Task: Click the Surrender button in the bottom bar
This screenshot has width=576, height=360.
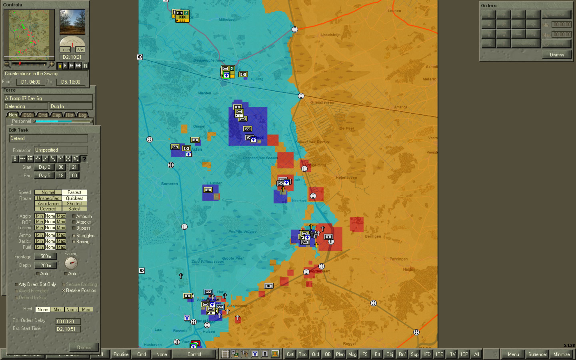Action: (537, 354)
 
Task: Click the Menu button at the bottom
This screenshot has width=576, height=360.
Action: (513, 354)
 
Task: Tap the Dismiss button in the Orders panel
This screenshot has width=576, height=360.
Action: (557, 55)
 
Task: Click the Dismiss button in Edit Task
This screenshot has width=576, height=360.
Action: (84, 348)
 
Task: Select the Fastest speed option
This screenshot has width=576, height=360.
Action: (74, 192)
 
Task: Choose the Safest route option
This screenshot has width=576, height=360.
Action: (74, 209)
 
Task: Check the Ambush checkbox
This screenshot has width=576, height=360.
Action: (74, 216)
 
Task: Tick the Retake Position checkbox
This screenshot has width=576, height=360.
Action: (64, 291)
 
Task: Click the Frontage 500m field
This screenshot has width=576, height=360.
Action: (46, 256)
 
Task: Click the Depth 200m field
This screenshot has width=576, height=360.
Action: (46, 266)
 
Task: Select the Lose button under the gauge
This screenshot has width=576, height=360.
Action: (65, 50)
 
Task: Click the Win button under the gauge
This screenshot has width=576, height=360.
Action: (80, 50)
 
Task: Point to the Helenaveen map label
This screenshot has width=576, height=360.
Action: (346, 178)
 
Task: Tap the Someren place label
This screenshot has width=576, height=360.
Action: (170, 184)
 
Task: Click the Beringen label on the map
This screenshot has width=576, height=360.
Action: (373, 236)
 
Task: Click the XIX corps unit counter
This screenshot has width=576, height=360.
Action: (182, 16)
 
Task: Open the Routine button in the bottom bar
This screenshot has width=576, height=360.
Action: (121, 354)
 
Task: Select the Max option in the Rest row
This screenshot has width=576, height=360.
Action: (86, 310)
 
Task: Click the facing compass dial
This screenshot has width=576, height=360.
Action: (71, 263)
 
